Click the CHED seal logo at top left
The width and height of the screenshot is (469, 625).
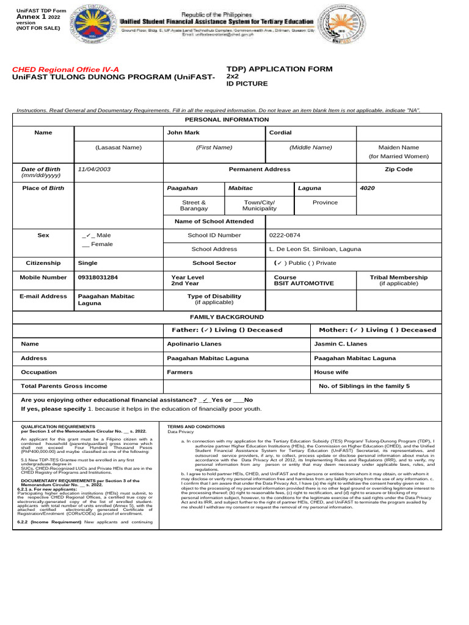point(92,25)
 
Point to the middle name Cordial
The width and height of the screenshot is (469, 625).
point(281,132)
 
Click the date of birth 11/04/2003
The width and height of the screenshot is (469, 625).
point(94,168)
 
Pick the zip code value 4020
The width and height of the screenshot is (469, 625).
point(368,189)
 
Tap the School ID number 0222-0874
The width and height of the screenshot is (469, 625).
point(285,235)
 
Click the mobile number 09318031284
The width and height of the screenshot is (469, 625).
point(98,277)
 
